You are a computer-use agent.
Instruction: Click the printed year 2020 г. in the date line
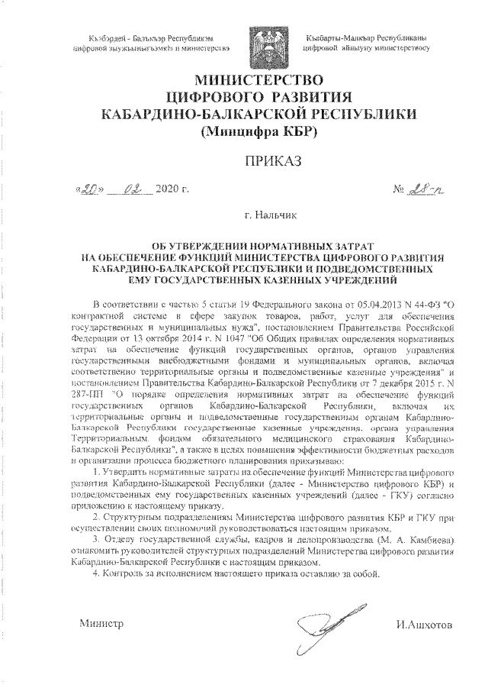[172, 189]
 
